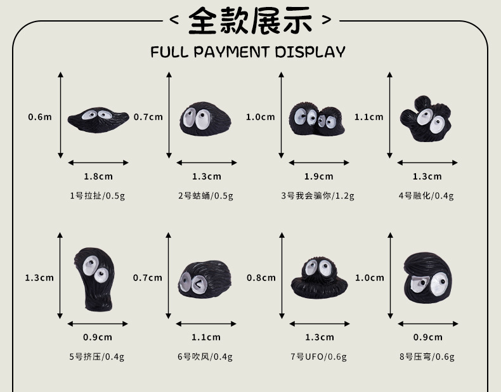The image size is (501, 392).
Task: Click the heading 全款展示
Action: pos(251,20)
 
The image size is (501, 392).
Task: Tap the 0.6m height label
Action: pos(40,117)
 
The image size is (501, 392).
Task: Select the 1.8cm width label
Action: pos(98,176)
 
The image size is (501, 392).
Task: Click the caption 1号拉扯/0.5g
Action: pos(98,195)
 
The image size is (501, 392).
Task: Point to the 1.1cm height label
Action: pos(369,117)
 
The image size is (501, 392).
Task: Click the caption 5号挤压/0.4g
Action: pos(96,356)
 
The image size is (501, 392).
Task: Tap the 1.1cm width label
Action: pos(206,337)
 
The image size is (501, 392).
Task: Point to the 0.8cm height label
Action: pos(261,277)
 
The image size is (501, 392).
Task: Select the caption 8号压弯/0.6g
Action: pos(427,356)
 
